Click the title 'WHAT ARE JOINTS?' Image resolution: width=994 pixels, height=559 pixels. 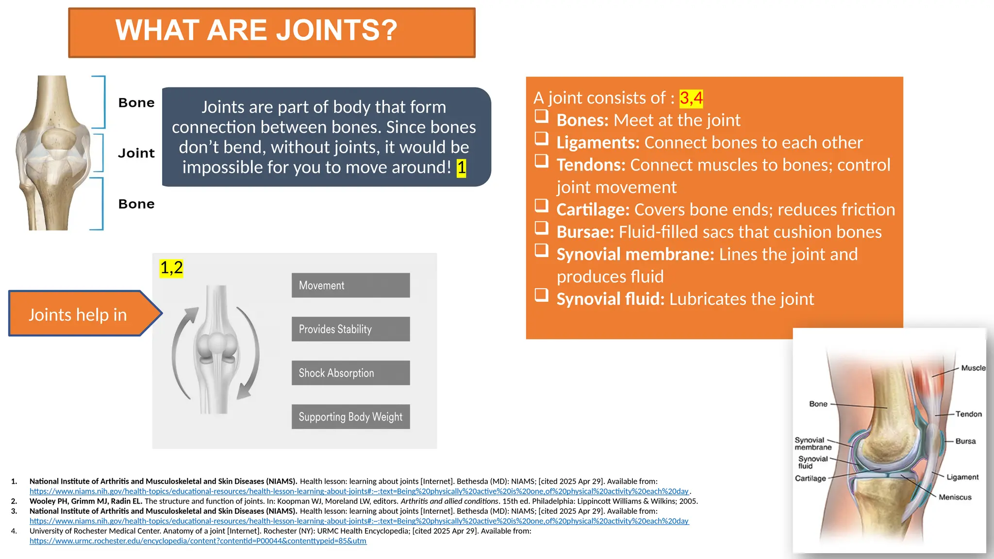pos(256,31)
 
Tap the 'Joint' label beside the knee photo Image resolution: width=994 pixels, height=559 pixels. pos(136,153)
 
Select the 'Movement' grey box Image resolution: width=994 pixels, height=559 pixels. pos(350,285)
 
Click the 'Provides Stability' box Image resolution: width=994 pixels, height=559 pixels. pos(350,329)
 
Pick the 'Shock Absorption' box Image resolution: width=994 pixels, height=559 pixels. pos(350,373)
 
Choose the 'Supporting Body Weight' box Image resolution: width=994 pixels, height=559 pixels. pos(350,417)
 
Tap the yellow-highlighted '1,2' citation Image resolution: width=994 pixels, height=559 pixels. pos(171,268)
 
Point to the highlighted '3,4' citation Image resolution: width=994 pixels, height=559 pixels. pos(691,98)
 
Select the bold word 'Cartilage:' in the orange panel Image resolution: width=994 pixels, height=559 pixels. pos(593,210)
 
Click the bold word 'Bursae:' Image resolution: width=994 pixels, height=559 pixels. pos(585,232)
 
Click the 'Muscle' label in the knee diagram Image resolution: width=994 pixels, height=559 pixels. pos(973,368)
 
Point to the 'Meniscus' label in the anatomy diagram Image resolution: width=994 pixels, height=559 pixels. pos(955,497)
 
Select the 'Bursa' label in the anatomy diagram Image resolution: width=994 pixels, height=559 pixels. pos(965,441)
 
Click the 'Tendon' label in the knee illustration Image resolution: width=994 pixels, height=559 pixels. pos(968,414)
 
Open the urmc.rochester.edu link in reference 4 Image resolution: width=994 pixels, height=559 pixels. pos(198,541)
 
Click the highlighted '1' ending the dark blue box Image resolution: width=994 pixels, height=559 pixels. pos(461,168)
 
